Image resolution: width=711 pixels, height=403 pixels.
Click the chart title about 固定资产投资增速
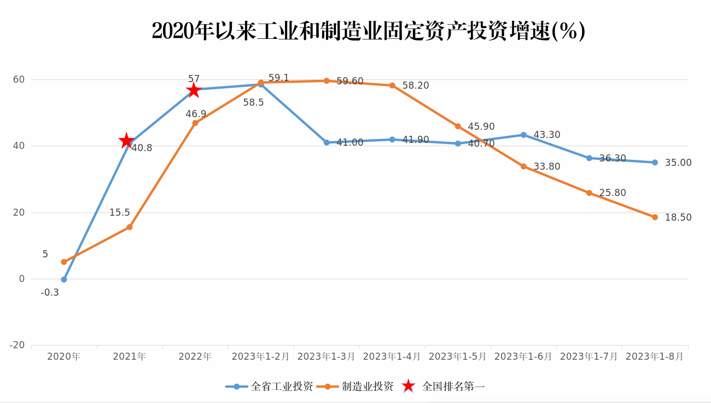coord(368,31)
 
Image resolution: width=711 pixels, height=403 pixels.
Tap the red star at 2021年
coord(126,141)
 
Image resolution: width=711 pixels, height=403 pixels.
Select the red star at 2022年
coord(194,90)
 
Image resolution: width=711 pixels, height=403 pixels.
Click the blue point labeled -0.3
coord(64,279)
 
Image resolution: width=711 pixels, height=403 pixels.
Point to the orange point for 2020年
coord(64,262)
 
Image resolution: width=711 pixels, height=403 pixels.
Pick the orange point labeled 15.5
coord(130,227)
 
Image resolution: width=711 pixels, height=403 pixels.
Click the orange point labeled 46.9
coord(195,123)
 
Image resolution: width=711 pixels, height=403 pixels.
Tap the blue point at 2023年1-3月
coord(327,142)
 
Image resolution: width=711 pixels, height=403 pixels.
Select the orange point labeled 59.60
coord(327,80)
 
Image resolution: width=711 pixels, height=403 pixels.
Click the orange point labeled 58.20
coord(392,85)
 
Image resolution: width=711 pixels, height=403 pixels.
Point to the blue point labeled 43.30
coord(523,135)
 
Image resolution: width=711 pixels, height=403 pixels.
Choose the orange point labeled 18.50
coord(655,217)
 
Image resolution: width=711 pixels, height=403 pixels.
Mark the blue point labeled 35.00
coord(655,162)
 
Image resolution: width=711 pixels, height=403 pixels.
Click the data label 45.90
coord(481,126)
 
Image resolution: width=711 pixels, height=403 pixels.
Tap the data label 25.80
coord(613,193)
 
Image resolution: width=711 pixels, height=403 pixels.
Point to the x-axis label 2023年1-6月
coord(523,356)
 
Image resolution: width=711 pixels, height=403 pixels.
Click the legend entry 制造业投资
coord(355,386)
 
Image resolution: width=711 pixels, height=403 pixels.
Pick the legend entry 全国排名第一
coord(444,386)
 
